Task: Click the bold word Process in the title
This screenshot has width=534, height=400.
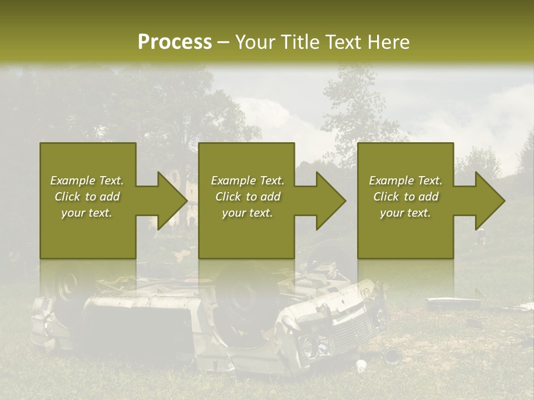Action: point(175,42)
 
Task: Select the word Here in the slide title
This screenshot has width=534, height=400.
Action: point(388,42)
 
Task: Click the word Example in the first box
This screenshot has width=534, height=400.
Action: point(72,181)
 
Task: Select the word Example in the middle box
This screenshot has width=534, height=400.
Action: point(233,181)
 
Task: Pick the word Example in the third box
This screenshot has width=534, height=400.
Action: point(390,181)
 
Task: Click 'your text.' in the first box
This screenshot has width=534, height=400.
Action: point(87,213)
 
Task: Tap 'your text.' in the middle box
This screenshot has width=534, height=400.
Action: point(248,213)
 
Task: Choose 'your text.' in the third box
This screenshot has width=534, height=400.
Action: point(406,213)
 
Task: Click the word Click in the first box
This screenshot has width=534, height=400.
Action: point(67,197)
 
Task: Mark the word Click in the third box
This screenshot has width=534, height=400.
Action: point(386,197)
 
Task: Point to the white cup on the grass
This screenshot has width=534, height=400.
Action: point(362,365)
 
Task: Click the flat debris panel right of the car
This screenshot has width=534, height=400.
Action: point(453,303)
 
